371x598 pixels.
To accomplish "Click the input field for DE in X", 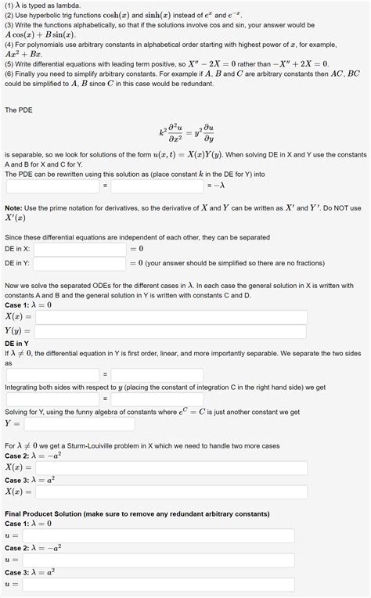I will point(79,249).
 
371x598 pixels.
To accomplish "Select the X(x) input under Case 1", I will point(165,317).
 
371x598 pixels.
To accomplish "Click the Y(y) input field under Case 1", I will point(165,331).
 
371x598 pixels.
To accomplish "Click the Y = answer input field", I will point(79,424).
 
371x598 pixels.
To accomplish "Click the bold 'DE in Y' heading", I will point(17,344).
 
